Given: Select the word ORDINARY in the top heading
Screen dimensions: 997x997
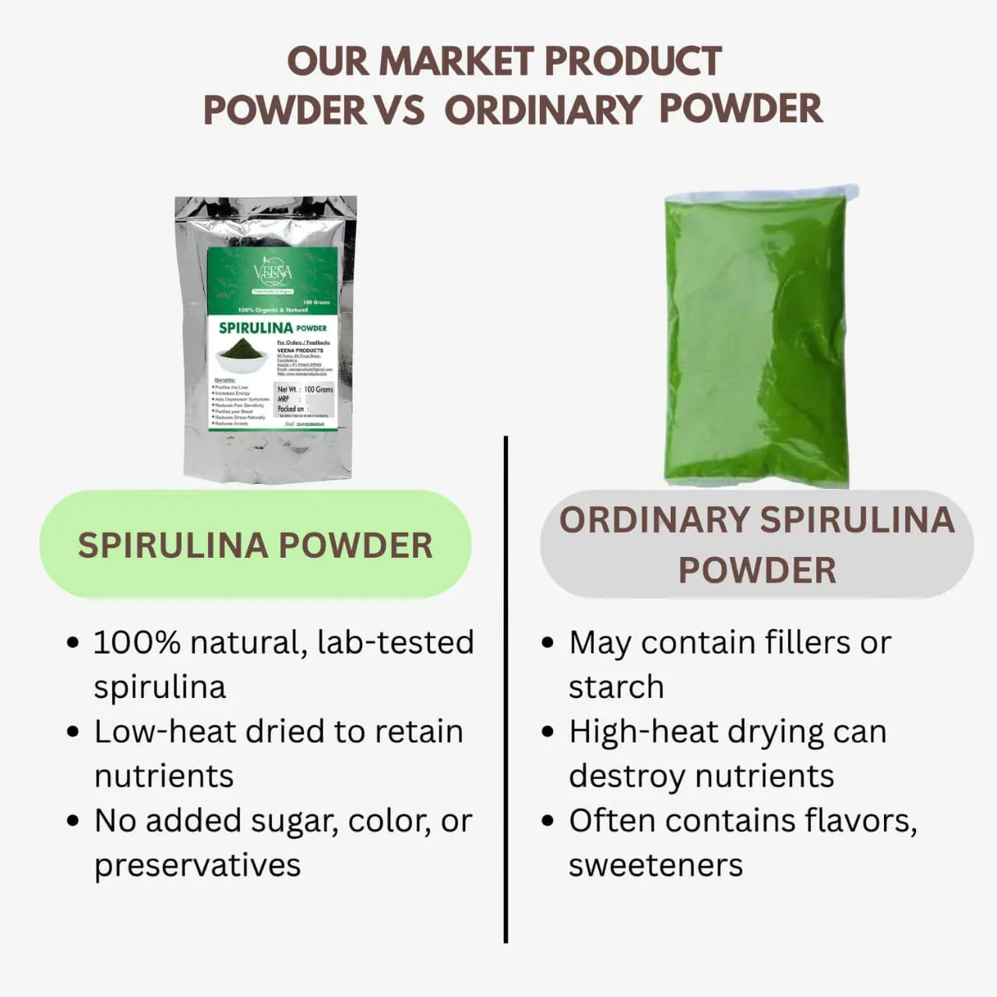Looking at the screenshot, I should (x=542, y=109).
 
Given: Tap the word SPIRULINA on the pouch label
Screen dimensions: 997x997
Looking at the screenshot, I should (x=255, y=328).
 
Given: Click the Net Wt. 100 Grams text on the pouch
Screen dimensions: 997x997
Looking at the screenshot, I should (x=305, y=389).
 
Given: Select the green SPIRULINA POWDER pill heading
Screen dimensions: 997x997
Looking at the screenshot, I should (x=255, y=545).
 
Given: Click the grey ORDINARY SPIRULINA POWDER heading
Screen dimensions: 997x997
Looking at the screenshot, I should (x=756, y=544).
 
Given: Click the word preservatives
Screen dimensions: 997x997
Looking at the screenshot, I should (x=197, y=865).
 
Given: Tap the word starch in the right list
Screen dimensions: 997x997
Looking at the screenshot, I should (x=616, y=687).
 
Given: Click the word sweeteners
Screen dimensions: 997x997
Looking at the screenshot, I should (x=655, y=865).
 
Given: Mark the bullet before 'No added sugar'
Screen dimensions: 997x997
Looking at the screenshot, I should (x=73, y=821).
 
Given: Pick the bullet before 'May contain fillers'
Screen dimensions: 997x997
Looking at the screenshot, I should (x=548, y=643).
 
